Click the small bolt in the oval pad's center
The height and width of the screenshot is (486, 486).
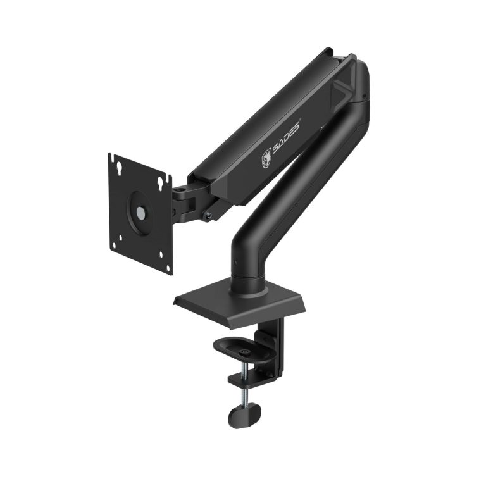pyautogui.click(x=244, y=347)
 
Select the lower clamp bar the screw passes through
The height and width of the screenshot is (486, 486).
pyautogui.click(x=252, y=380)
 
